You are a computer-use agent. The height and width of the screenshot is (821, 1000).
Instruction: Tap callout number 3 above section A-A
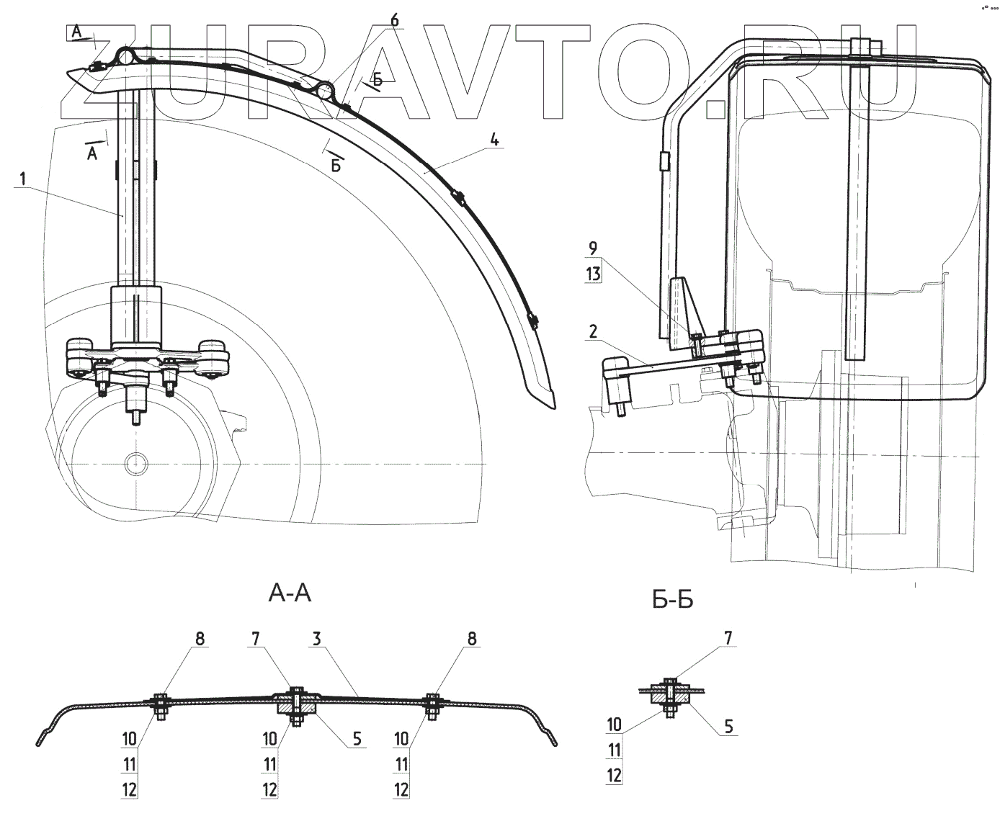click(316, 639)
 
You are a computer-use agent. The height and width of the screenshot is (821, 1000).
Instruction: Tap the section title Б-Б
click(672, 599)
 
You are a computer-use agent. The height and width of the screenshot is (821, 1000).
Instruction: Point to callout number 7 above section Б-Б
click(728, 638)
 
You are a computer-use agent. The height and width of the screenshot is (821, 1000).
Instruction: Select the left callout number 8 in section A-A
click(200, 639)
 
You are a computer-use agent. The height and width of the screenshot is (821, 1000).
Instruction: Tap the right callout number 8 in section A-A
click(472, 639)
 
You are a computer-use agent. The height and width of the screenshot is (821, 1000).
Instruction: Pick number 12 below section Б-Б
click(614, 776)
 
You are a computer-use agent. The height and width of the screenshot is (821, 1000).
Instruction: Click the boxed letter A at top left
click(77, 32)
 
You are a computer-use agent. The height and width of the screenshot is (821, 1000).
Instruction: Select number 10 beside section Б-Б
click(614, 724)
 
